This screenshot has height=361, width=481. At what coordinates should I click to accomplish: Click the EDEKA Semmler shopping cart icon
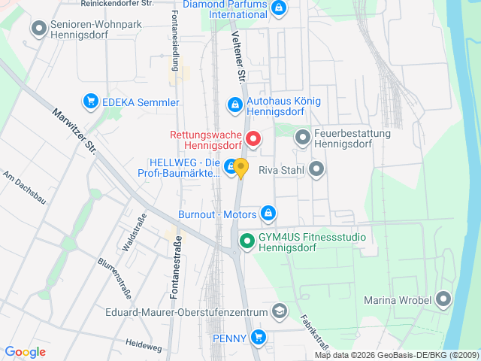coord(90,100)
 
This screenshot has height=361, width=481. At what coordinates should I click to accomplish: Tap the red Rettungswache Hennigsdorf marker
coord(254,138)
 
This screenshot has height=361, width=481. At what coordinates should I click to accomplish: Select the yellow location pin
coord(240,168)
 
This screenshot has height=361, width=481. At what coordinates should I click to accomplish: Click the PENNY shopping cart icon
coord(259,336)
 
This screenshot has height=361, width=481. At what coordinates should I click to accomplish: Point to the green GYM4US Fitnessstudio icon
coord(246,241)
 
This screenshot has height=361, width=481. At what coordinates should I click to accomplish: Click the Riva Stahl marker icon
coord(316,170)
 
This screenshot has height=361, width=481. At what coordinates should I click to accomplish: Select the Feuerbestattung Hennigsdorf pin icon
coord(302,138)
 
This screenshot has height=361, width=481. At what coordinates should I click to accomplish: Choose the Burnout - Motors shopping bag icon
coord(267,214)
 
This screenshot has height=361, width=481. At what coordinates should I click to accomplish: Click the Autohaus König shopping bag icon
coord(234,104)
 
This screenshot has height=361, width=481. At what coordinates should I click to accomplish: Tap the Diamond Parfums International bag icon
coord(279,8)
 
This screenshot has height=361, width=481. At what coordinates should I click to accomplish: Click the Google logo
coord(25,351)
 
